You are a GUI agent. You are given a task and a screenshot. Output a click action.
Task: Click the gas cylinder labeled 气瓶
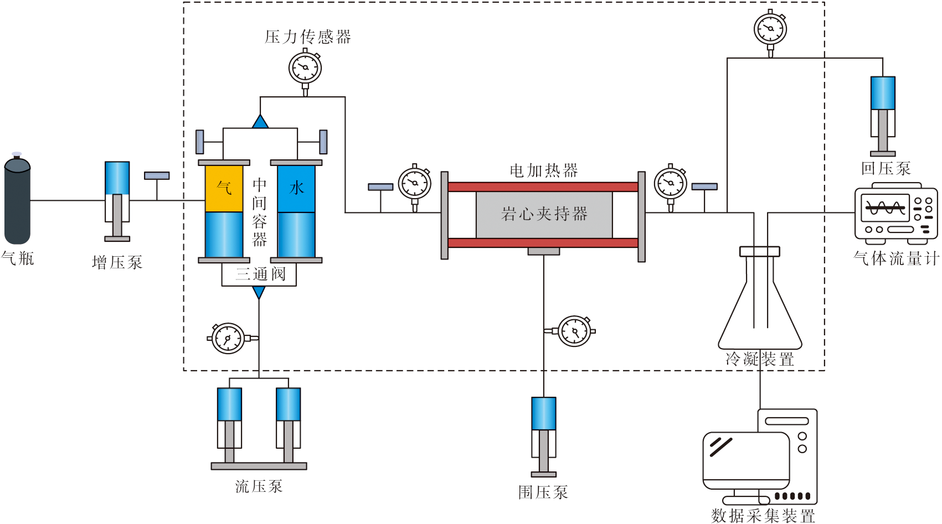tap(17, 202)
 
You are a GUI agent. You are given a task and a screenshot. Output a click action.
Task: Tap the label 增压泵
tap(117, 262)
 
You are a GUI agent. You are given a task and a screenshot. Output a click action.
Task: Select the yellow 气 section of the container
tap(224, 189)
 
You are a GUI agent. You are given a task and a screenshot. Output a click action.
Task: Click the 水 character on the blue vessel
tap(296, 188)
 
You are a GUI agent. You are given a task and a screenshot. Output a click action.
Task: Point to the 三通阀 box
tap(259, 274)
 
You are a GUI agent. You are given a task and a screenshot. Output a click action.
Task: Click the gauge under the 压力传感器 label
tap(305, 68)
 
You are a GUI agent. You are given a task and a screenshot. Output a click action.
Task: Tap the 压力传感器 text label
tap(308, 37)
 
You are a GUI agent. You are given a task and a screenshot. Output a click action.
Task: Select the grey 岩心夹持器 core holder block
tap(544, 214)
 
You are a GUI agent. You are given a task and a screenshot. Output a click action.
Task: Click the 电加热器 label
tap(543, 170)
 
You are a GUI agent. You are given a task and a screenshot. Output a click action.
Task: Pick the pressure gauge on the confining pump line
tap(574, 331)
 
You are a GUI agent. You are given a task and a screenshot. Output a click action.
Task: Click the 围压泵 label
tap(543, 492)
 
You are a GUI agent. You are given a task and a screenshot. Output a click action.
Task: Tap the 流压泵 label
tap(259, 486)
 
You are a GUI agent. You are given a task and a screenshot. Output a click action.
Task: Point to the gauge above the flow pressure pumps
tap(228, 338)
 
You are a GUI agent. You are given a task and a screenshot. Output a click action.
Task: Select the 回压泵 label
tap(886, 168)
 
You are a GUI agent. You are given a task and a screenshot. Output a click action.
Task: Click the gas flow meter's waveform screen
tap(885, 209)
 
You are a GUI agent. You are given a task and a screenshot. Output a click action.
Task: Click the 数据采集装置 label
tap(763, 516)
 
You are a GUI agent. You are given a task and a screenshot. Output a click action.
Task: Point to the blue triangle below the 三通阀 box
tap(259, 292)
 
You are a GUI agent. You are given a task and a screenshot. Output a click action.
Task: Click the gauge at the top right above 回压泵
tap(770, 28)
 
